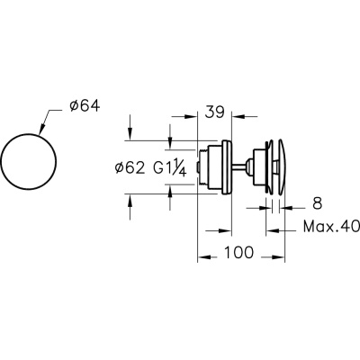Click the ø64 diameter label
(85, 106)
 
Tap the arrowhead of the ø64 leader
(41, 129)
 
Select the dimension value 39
(214, 112)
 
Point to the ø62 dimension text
(130, 168)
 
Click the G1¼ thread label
(170, 168)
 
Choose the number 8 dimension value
(317, 203)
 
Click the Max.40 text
(331, 227)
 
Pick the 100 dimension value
(238, 252)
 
